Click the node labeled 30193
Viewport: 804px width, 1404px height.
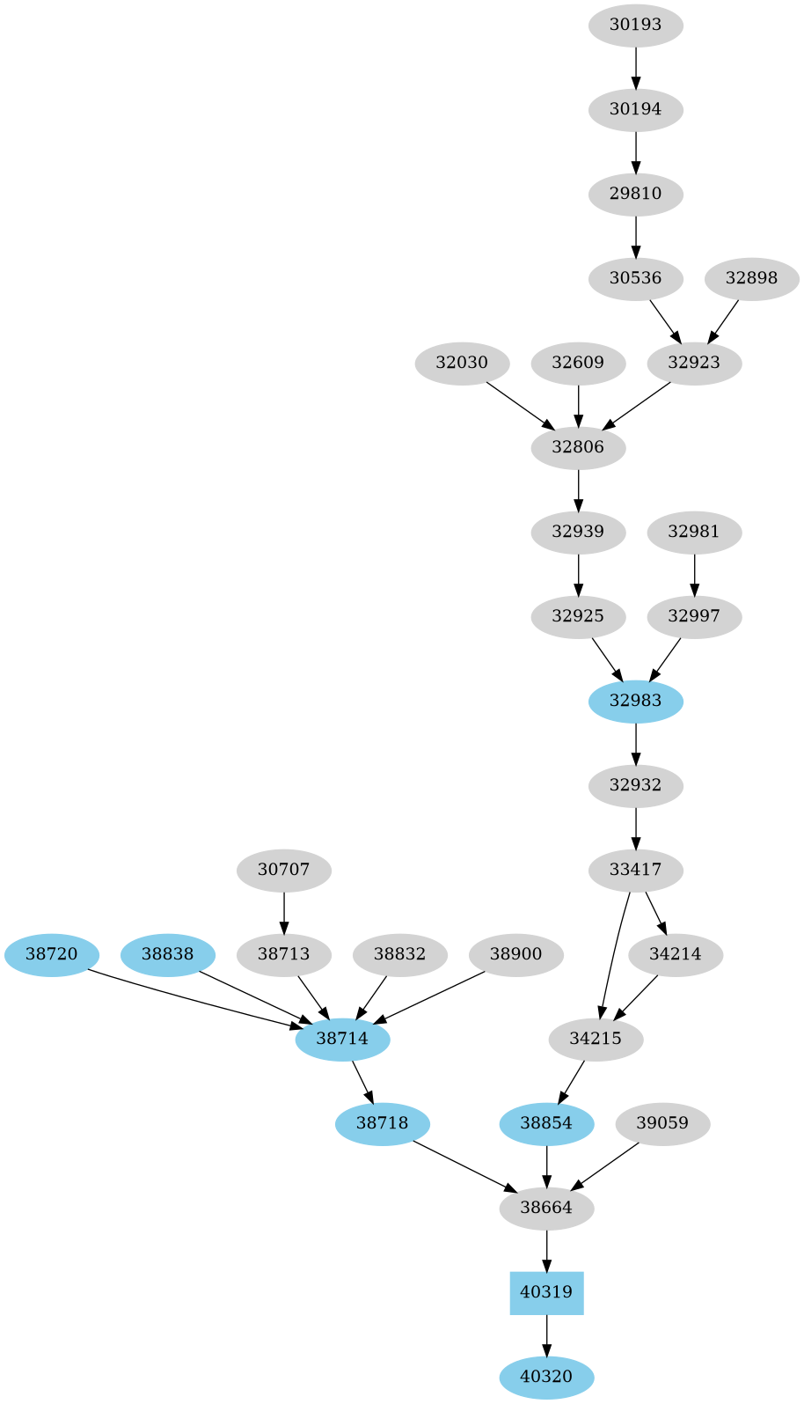635,25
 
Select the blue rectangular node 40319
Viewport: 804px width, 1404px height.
546,1292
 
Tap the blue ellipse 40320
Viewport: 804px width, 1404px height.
546,1377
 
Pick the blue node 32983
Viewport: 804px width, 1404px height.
635,701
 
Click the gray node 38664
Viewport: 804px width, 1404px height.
546,1208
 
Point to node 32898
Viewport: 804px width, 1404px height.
751,278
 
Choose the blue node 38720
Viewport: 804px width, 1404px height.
51,954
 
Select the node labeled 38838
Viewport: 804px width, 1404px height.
167,954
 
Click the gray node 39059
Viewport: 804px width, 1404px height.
662,1123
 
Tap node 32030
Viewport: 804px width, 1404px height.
461,363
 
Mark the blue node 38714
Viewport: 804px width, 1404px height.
342,1039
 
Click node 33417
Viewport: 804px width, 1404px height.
635,870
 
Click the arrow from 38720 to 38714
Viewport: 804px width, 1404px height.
194,998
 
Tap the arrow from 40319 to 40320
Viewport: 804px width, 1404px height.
546,1334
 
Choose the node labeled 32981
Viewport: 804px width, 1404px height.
693,532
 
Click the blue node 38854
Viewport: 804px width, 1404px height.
546,1123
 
